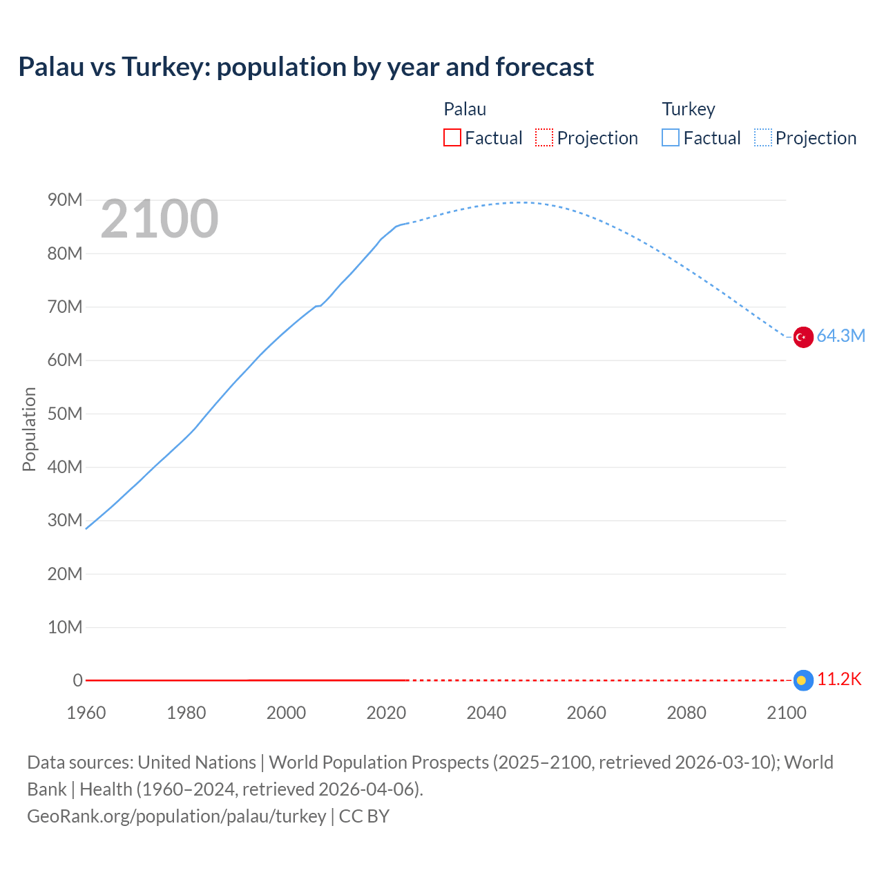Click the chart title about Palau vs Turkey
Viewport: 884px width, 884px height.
306,67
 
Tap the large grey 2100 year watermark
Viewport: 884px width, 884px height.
160,219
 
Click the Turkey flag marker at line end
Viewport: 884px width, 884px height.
803,337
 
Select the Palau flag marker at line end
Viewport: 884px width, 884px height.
803,680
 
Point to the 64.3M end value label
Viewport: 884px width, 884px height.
840,336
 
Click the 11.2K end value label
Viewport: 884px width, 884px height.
839,680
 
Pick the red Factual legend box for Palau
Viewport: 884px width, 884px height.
452,138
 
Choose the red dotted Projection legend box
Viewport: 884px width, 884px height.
544,138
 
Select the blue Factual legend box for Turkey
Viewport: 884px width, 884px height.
671,138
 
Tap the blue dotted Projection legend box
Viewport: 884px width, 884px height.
763,138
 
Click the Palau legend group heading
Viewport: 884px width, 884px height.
465,109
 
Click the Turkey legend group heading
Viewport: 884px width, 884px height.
689,109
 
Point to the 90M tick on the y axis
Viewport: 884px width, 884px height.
65,200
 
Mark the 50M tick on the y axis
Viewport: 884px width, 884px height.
65,414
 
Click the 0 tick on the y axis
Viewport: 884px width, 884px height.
77,680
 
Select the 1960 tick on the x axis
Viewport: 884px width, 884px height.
86,713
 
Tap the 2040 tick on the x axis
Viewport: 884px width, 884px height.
486,713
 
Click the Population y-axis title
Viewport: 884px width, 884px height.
29,429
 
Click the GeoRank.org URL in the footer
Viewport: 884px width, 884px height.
177,816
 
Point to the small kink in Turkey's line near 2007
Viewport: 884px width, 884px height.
318,306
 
